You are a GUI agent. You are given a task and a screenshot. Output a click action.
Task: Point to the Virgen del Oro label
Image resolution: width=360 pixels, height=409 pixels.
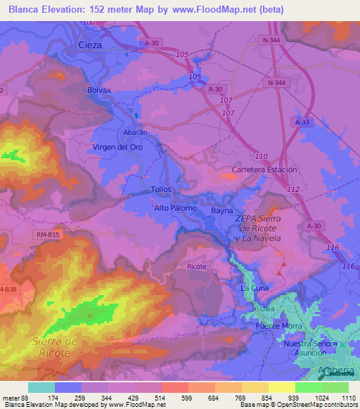tap(117, 147)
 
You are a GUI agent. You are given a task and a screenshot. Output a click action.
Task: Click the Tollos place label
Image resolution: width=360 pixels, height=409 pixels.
tap(161, 190)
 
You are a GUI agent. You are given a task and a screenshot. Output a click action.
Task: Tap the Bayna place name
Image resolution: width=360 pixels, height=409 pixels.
tap(222, 210)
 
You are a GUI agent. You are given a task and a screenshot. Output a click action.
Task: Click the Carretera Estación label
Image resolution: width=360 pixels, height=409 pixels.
tap(264, 170)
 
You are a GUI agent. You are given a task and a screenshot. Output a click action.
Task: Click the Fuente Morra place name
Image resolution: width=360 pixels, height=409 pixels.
tap(279, 326)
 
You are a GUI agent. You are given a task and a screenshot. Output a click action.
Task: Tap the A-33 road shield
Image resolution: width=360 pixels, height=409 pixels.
tap(302, 122)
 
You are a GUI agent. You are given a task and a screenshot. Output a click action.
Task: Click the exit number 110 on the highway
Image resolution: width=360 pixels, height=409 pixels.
tap(262, 155)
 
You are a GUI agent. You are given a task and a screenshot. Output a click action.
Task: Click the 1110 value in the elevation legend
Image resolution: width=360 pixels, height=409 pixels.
tap(347, 398)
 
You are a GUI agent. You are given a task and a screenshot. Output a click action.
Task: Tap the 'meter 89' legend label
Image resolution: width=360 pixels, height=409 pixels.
tap(14, 398)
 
